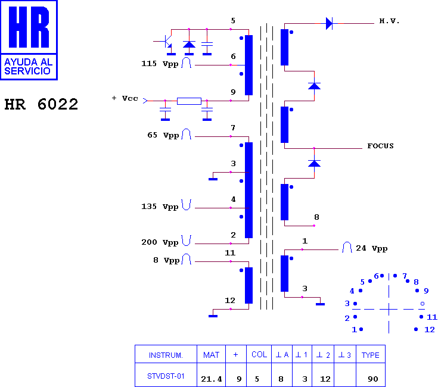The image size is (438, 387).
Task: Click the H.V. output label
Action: tap(389, 21)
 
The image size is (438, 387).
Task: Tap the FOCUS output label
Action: tap(380, 146)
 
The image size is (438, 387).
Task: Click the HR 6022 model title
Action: tap(41, 104)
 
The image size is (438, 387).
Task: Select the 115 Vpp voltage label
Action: tap(160, 64)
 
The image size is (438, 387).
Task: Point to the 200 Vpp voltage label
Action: tap(160, 242)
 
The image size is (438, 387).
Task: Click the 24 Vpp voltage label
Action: tap(371, 248)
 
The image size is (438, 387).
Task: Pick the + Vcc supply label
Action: tap(125, 98)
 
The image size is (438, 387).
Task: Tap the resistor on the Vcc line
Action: tap(189, 101)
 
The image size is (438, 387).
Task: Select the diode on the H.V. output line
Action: tap(330, 23)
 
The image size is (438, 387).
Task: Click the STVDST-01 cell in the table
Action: tap(166, 376)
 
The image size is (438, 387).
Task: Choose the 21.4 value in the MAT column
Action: tap(211, 379)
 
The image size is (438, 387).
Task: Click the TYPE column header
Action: tap(371, 355)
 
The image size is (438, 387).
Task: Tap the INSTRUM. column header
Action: tap(166, 355)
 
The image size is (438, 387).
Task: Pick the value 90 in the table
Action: tap(373, 379)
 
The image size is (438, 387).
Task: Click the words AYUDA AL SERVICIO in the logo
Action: tap(28, 67)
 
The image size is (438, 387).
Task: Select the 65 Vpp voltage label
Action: tap(163, 135)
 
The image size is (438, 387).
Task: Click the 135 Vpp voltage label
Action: tap(160, 207)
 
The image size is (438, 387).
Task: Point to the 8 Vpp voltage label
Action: tap(166, 260)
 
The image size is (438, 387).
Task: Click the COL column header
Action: tap(259, 354)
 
